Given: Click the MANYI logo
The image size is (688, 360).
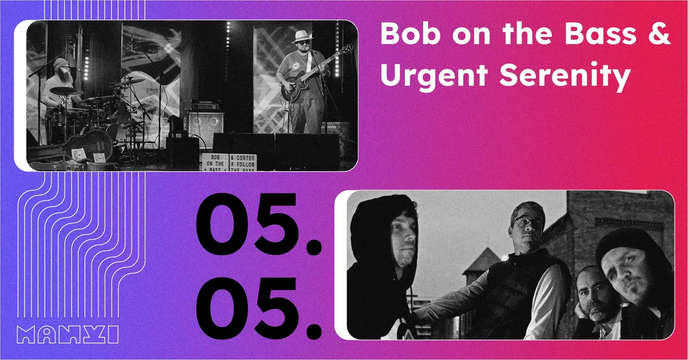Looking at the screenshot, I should tap(67, 334).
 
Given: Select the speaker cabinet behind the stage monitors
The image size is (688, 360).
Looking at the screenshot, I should tap(205, 123).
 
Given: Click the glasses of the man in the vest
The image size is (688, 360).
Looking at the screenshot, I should tap(527, 221).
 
